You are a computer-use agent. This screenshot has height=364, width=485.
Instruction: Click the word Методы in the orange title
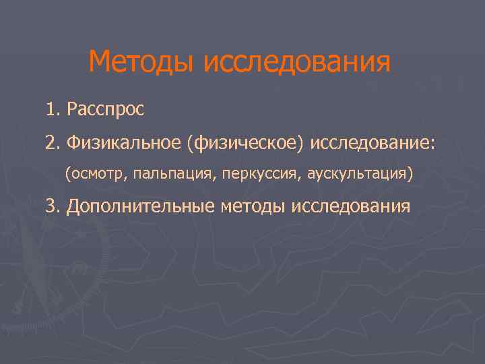pos(141,63)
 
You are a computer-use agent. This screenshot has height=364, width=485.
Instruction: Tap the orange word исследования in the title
pos(296,63)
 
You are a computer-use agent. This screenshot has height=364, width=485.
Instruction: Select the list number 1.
pos(52,109)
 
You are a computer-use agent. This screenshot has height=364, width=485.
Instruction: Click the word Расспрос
pos(106,109)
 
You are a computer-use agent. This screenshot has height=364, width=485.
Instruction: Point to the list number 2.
pos(53,142)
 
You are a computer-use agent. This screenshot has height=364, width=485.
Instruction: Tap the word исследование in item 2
pos(370,142)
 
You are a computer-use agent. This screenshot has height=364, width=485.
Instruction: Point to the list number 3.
pos(53,206)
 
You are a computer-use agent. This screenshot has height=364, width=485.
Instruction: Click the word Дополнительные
pos(141,206)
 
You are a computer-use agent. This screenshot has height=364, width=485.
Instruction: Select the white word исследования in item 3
pos(350,206)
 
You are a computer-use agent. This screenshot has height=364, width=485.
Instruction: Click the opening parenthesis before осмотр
pos(67,175)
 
